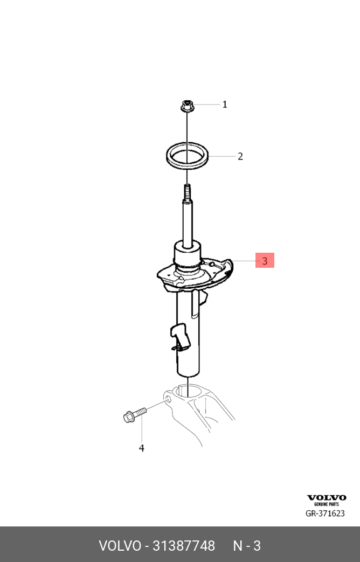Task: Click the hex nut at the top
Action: tap(187, 106)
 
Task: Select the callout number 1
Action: tap(225, 105)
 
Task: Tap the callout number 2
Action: tap(240, 156)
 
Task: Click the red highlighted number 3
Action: tap(265, 261)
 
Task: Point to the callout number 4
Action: tap(141, 448)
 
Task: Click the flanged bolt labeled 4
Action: tap(135, 415)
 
